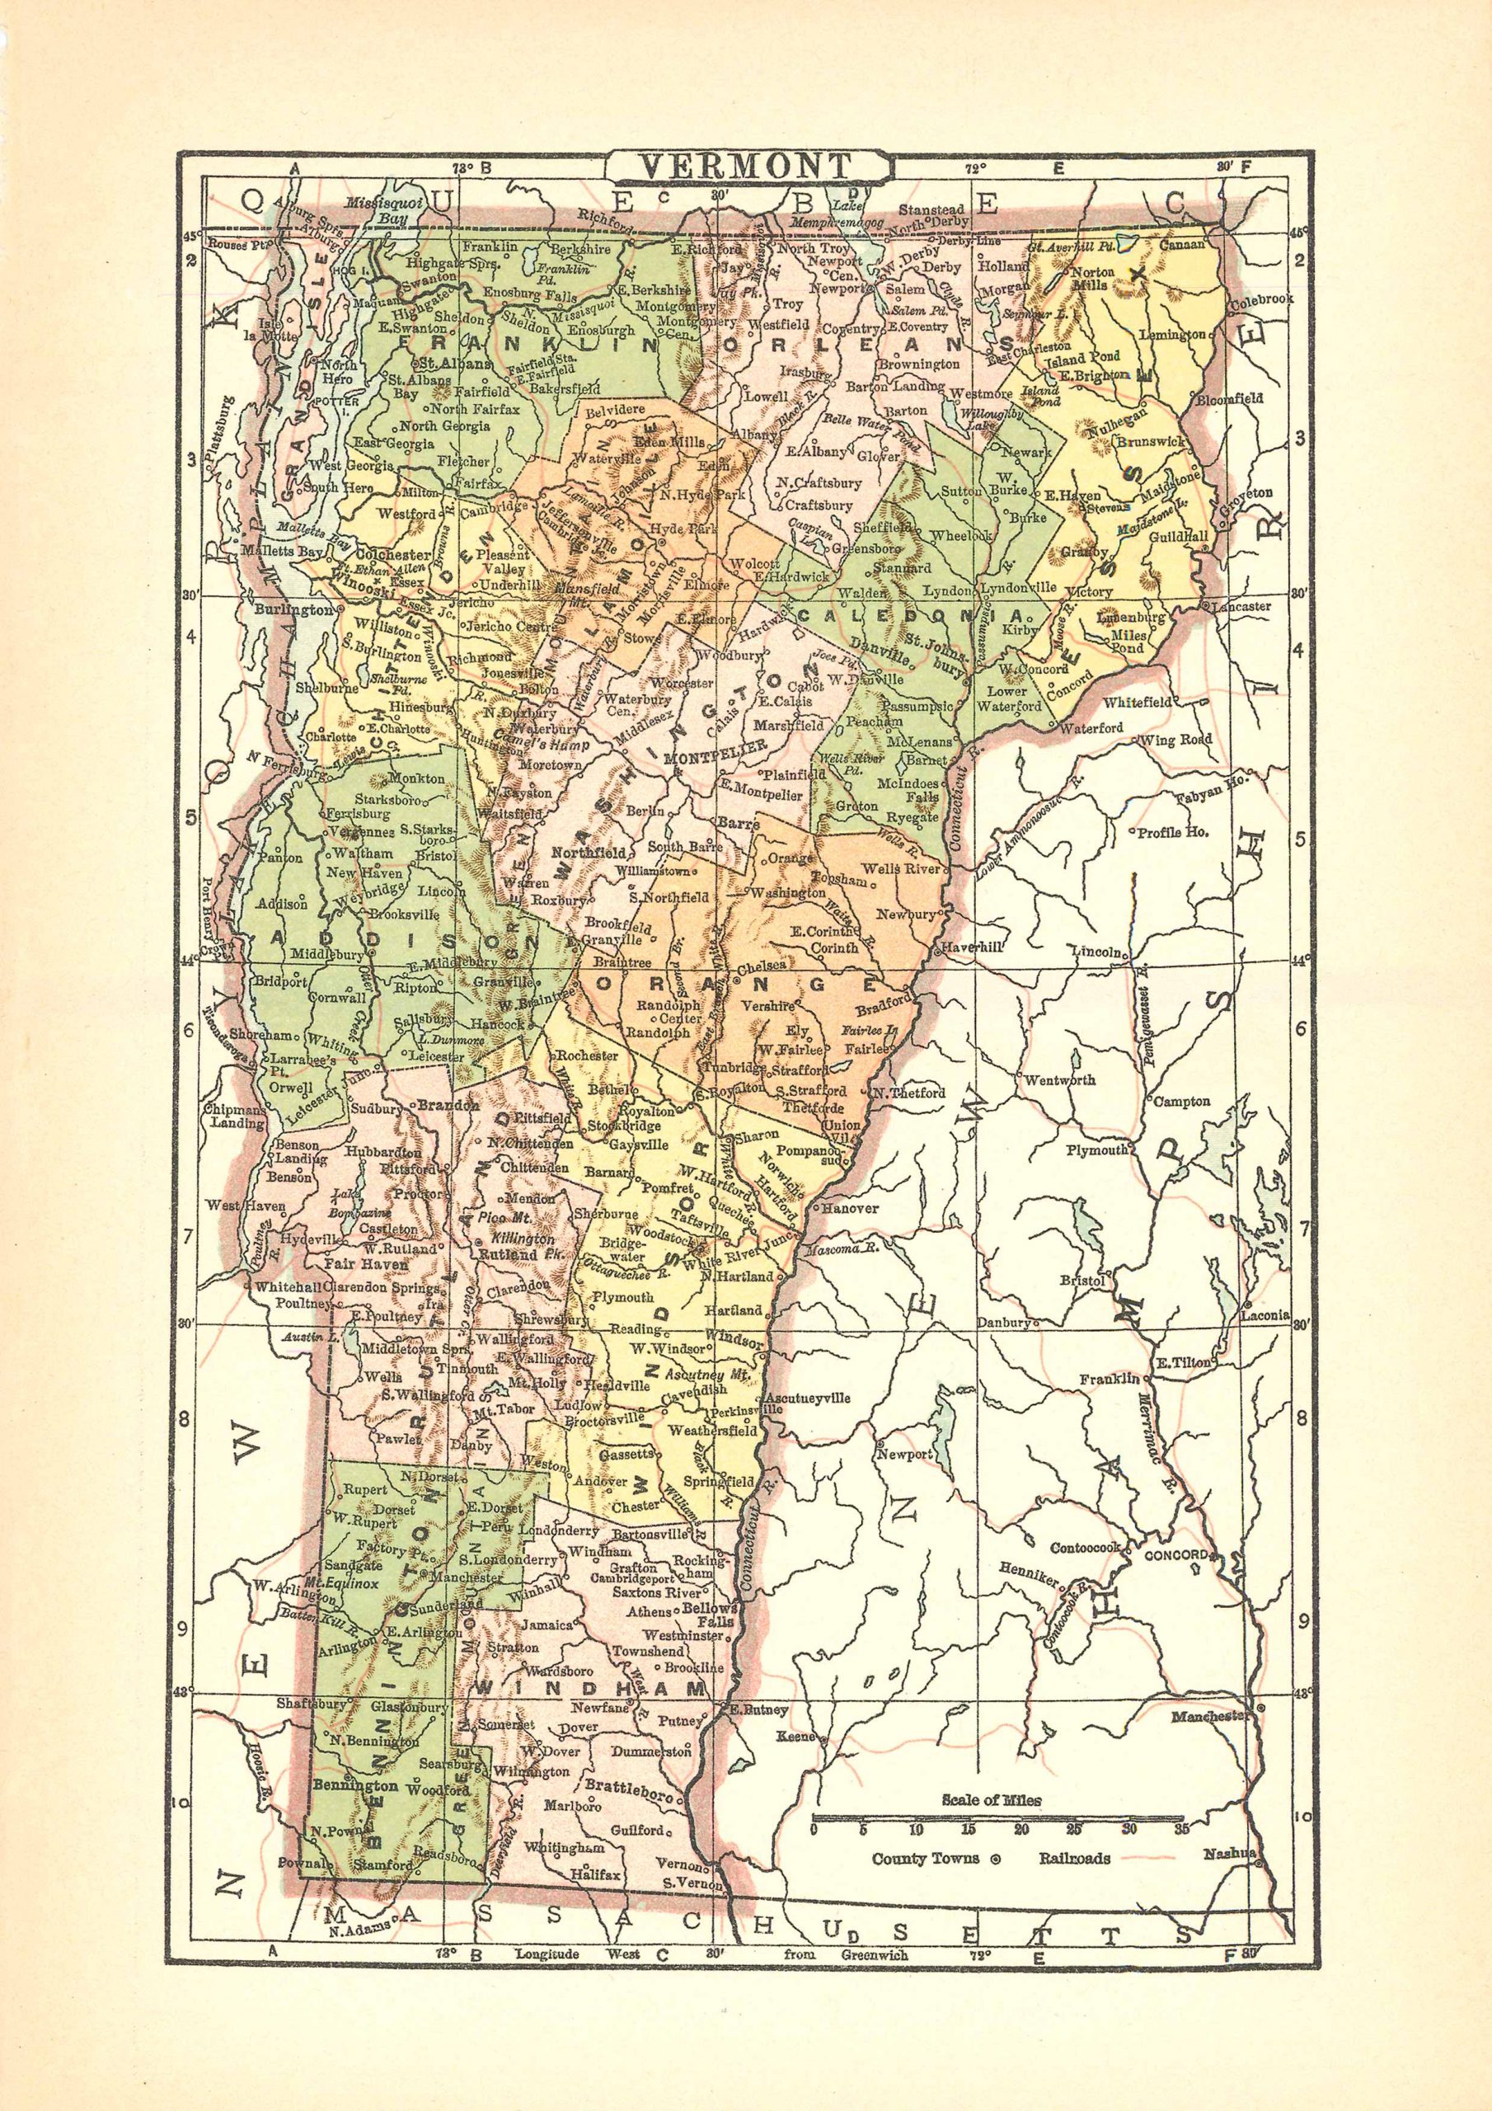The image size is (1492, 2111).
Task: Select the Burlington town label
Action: coord(293,609)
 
